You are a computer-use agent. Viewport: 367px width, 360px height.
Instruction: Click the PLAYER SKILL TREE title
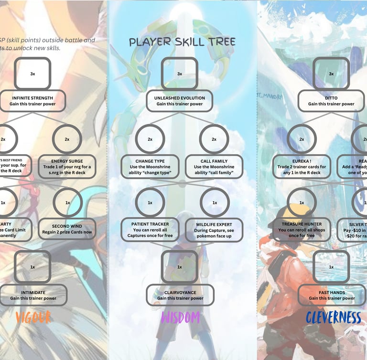(182, 42)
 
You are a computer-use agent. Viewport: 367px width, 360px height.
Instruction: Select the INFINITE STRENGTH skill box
(33, 101)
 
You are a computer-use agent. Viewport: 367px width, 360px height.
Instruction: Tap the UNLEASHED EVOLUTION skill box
(180, 101)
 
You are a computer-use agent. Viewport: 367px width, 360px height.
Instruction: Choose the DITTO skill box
(331, 101)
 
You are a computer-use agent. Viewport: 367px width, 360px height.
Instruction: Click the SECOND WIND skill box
(67, 230)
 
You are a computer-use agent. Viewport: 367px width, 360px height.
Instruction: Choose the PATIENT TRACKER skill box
(150, 230)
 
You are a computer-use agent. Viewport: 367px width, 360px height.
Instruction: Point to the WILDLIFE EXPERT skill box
(214, 230)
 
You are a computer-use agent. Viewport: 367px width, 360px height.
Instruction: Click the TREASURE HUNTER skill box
(302, 230)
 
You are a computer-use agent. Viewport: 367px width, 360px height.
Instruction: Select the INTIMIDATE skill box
(33, 295)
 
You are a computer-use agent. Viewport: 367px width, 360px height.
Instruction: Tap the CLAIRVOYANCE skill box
(180, 295)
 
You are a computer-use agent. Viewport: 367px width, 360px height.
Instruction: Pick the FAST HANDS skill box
(331, 295)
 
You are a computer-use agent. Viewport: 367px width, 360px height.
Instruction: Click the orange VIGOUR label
(33, 318)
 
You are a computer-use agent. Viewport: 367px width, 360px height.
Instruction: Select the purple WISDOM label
(180, 318)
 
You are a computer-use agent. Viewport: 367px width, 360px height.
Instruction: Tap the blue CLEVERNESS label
(333, 318)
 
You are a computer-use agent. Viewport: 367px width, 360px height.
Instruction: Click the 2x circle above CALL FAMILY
(214, 139)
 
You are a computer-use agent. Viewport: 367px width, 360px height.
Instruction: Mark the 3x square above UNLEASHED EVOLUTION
(180, 74)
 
